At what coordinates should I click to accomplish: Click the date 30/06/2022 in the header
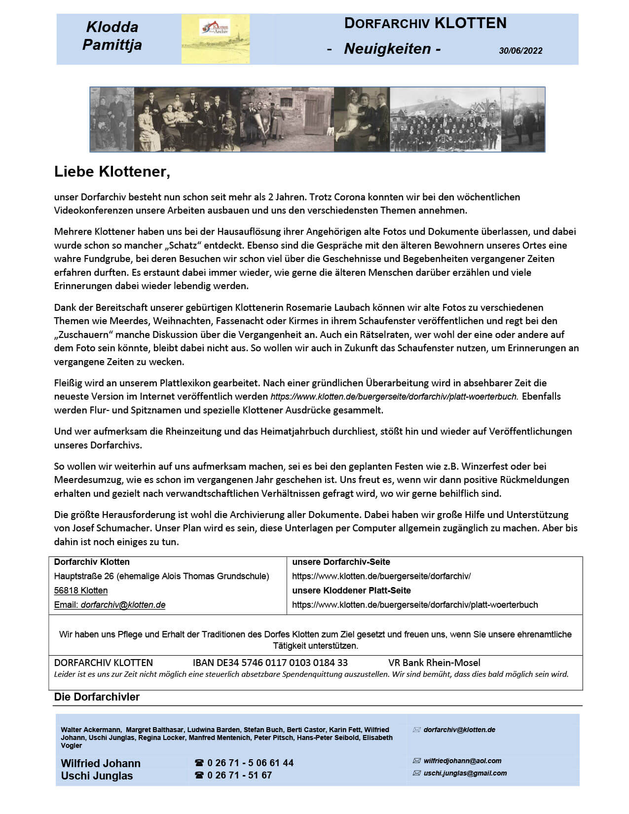pyautogui.click(x=520, y=50)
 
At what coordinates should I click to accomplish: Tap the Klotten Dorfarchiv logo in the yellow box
pyautogui.click(x=215, y=28)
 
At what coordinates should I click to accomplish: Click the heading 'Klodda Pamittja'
pyautogui.click(x=112, y=36)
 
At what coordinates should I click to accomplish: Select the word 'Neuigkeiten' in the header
pyautogui.click(x=387, y=48)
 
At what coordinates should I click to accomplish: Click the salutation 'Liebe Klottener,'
pyautogui.click(x=112, y=172)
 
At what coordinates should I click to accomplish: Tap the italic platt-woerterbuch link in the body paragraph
pyautogui.click(x=394, y=397)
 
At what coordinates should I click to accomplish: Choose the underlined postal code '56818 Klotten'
pyautogui.click(x=81, y=591)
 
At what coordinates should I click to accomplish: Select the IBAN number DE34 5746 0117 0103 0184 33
pyautogui.click(x=270, y=663)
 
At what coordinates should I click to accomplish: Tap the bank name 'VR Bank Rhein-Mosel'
pyautogui.click(x=434, y=663)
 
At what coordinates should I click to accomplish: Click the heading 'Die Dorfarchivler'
pyautogui.click(x=97, y=697)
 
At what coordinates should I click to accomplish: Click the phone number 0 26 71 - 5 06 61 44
pyautogui.click(x=250, y=763)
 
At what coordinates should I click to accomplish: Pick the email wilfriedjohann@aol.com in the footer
pyautogui.click(x=462, y=761)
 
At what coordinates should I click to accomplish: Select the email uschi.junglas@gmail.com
pyautogui.click(x=465, y=773)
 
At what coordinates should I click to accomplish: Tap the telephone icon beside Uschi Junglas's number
pyautogui.click(x=199, y=775)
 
